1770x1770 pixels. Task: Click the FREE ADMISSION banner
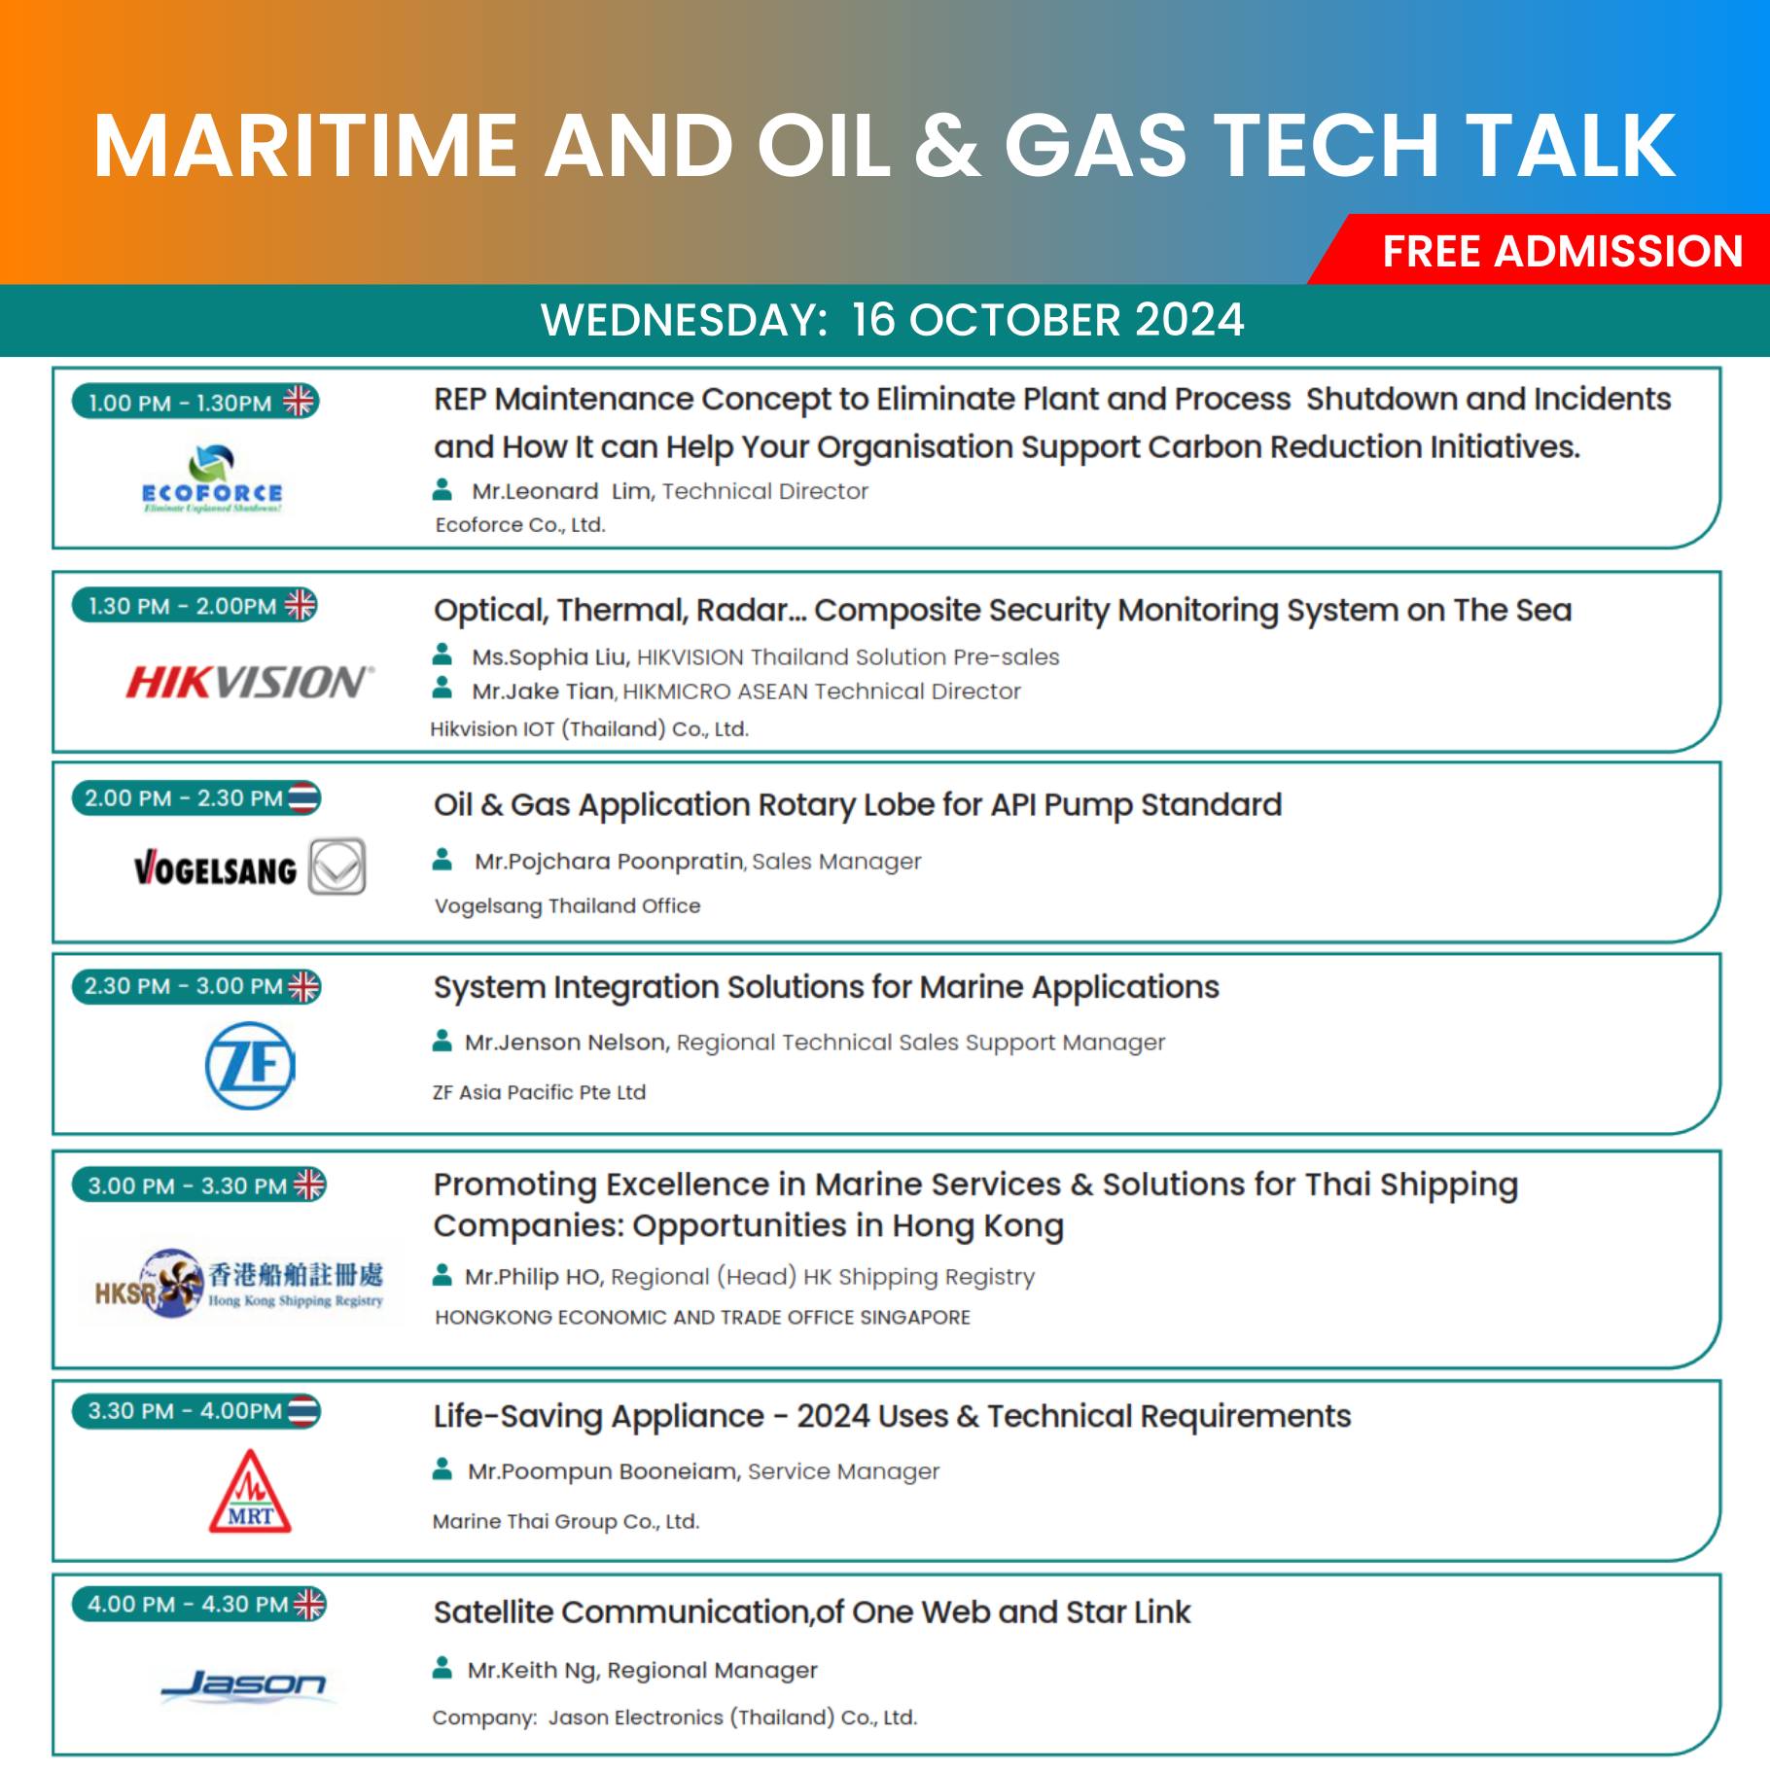coord(1546,250)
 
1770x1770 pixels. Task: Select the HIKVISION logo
coord(249,682)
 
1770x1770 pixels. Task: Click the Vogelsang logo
coord(249,867)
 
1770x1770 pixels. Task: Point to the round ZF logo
coord(250,1065)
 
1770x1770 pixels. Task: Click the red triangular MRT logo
coord(250,1492)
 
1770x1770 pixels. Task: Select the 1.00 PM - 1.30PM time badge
coord(195,402)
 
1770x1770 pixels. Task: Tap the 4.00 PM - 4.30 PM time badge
coord(199,1604)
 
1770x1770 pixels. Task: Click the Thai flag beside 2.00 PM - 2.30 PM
coord(303,798)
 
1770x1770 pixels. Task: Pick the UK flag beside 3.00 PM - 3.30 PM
coord(309,1185)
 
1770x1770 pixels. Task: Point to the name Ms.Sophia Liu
coord(549,657)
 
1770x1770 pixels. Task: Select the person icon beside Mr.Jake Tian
coord(442,689)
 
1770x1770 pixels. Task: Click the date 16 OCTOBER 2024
coord(1048,320)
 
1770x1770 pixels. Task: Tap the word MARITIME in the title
coord(305,146)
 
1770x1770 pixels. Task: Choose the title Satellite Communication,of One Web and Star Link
coord(812,1612)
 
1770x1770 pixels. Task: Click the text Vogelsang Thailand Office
coord(567,906)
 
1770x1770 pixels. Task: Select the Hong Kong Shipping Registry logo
coord(239,1284)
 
